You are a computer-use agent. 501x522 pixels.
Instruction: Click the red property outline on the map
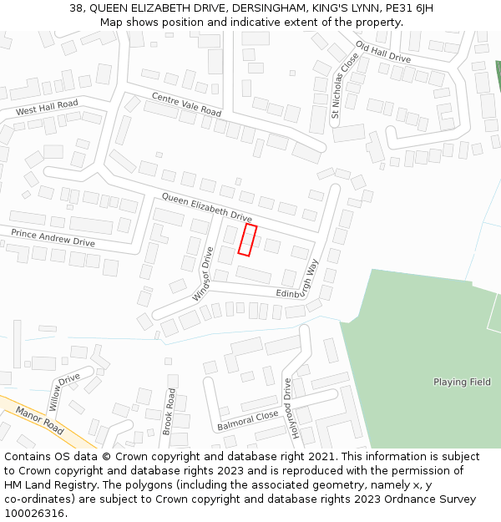point(247,240)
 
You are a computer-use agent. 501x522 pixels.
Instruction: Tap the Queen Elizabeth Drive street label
point(206,208)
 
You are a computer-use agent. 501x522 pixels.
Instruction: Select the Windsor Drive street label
point(203,273)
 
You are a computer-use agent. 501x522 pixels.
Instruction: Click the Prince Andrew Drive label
point(53,236)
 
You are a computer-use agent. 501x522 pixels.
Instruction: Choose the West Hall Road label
point(47,108)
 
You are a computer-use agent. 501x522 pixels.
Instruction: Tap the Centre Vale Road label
point(186,104)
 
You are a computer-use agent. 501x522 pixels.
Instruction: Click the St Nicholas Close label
point(343,86)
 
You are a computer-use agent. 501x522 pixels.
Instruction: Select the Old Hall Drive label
point(383,52)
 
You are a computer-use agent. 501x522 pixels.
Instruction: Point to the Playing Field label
point(462,383)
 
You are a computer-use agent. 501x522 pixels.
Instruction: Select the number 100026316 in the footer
point(33,514)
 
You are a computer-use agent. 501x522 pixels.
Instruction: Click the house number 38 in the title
point(75,8)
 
